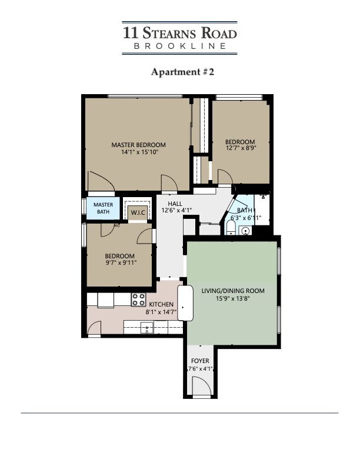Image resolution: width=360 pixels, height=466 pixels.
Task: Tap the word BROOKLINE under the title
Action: click(x=180, y=46)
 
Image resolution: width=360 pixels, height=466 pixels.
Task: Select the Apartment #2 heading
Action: click(x=179, y=72)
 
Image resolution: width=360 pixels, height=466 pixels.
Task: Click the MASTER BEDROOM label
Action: click(x=138, y=145)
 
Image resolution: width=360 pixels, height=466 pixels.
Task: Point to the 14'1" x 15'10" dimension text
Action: click(x=138, y=152)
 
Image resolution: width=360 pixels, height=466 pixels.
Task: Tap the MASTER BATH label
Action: click(x=104, y=208)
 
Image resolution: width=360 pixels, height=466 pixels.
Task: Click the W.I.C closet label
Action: click(x=138, y=212)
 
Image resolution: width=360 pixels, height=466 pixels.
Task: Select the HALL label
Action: click(x=175, y=203)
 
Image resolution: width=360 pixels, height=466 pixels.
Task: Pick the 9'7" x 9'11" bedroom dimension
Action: click(x=119, y=263)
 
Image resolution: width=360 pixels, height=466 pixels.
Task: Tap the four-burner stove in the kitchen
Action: click(x=138, y=299)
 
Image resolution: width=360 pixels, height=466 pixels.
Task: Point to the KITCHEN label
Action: click(x=161, y=304)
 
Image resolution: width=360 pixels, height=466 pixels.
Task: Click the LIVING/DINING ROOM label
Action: click(x=233, y=291)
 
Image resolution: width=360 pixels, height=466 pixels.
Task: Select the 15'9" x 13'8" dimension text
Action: click(x=233, y=298)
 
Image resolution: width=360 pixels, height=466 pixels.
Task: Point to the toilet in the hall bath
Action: click(x=231, y=231)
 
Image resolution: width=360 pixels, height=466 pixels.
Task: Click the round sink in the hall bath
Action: click(x=246, y=231)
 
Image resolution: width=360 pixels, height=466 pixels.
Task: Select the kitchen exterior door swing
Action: click(x=95, y=329)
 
